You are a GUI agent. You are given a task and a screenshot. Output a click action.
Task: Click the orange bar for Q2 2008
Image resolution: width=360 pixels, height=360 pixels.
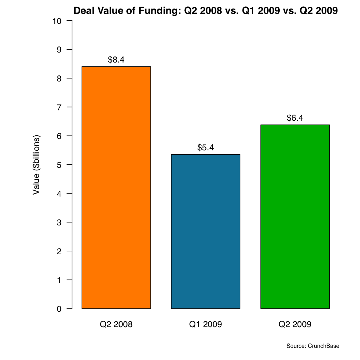coord(116,187)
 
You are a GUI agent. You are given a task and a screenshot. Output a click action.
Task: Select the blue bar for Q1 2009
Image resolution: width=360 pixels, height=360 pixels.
coord(206,231)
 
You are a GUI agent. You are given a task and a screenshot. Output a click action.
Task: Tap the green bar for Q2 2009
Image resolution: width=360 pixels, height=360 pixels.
coord(295,216)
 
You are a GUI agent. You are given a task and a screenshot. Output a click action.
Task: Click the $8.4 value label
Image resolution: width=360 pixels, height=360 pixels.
coord(116,60)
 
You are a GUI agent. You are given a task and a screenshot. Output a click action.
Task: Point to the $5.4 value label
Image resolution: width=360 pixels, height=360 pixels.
coord(206,147)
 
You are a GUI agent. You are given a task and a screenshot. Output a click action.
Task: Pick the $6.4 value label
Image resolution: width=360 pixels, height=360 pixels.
coord(295,118)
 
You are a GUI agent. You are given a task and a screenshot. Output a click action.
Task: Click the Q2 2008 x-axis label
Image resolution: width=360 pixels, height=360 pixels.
coord(116,325)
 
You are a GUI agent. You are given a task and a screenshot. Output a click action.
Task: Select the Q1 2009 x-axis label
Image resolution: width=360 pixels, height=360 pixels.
coord(206,325)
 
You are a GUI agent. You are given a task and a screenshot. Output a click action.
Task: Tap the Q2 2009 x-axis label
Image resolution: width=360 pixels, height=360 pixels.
coord(295,325)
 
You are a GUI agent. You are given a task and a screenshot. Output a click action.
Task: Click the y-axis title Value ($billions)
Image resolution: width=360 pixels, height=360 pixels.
coord(36,165)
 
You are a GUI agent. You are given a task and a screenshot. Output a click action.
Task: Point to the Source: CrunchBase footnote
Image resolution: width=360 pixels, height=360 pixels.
coord(312,346)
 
